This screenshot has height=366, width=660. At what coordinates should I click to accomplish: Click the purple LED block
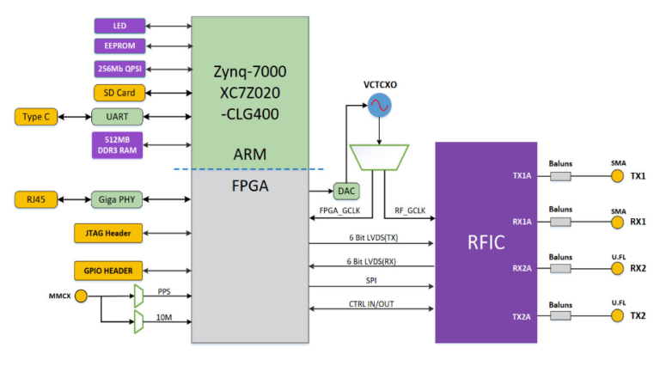point(119,26)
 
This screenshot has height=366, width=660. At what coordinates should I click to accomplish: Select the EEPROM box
point(119,46)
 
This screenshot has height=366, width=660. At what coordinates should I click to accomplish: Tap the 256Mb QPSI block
point(119,69)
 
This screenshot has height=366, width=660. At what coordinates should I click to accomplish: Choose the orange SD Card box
point(119,92)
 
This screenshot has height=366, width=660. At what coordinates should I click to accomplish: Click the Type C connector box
point(36,117)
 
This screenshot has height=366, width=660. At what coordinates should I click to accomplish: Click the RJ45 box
point(36,200)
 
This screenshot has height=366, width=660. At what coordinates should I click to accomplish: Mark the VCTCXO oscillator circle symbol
point(379,107)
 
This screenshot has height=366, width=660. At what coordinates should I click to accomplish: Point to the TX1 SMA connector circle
point(616,176)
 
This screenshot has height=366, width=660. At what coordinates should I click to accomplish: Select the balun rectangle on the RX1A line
point(559,222)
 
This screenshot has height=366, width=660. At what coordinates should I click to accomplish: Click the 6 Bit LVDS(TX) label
point(371,238)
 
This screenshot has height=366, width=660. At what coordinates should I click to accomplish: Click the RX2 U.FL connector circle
point(616,268)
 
